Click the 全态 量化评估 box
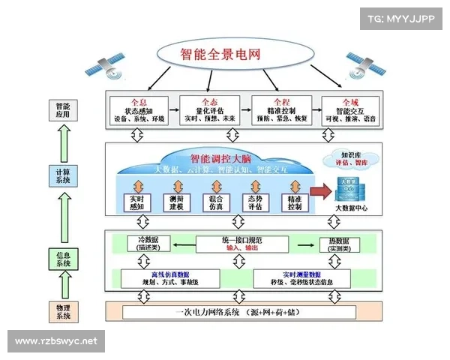click(210, 110)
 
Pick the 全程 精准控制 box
click(279, 110)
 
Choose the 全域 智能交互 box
click(348, 110)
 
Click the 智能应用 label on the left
click(63, 111)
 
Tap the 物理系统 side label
click(63, 310)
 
